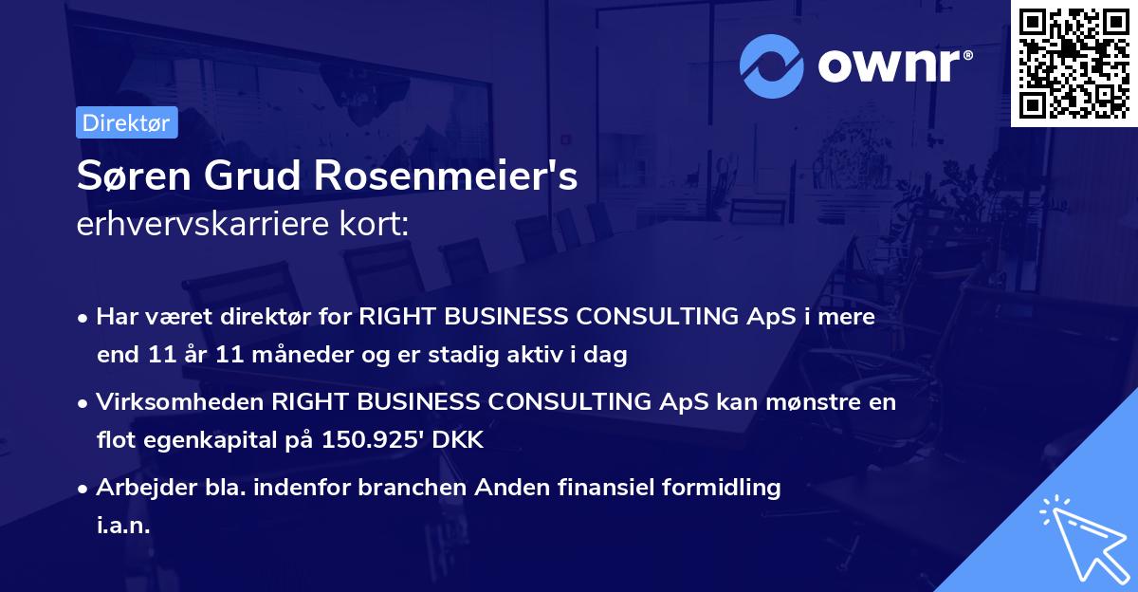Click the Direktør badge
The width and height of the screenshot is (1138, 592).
click(126, 122)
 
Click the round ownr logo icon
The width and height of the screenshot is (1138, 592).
click(772, 66)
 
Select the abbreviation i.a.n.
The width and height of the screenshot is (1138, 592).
click(123, 526)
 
